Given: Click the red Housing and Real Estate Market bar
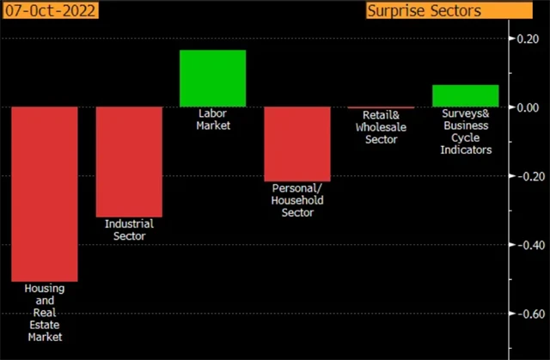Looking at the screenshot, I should pos(44,193).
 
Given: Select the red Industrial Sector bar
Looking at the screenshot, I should pos(128,162).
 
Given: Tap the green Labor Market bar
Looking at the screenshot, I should pos(212,78).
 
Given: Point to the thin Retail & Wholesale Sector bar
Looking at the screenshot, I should pos(381,107).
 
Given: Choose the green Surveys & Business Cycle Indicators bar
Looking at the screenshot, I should pos(465,95).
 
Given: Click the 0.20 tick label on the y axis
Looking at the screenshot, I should pos(526,39).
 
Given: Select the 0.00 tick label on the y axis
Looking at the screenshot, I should pos(526,107).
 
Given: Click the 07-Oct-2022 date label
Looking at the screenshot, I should pos(49,11).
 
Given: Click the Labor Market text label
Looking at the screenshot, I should pos(212,119).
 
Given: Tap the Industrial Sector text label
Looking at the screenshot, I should pos(128,229).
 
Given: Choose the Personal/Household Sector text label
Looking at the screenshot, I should pos(297,200).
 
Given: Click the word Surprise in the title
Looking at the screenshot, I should pos(397,11).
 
